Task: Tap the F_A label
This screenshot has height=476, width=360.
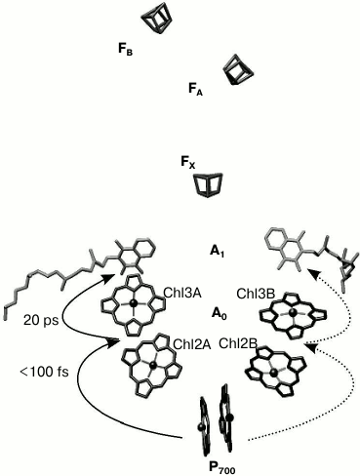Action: click(195, 88)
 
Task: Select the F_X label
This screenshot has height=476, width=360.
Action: click(189, 168)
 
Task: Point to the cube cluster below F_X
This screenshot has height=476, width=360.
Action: click(209, 183)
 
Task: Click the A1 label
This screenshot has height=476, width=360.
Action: click(218, 251)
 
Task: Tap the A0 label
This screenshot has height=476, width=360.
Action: click(220, 314)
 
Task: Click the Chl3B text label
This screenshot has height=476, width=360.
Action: click(253, 291)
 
